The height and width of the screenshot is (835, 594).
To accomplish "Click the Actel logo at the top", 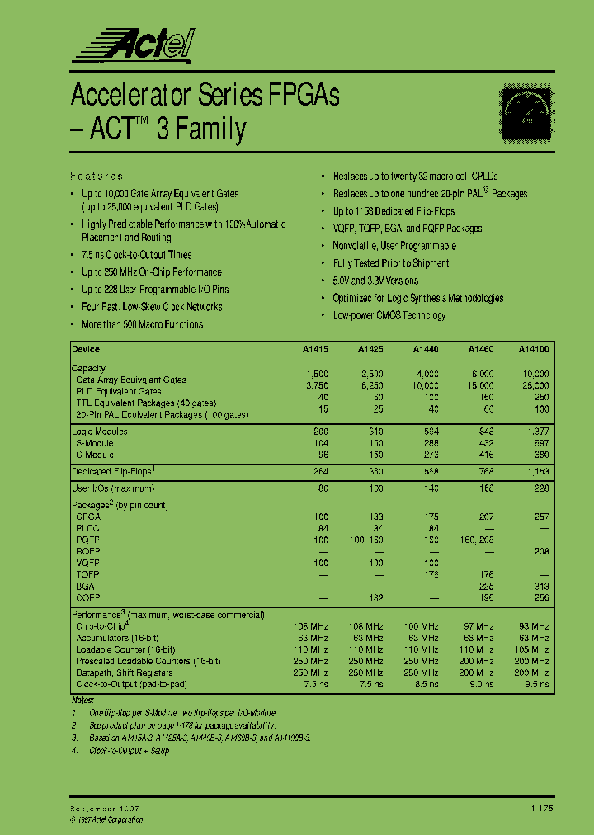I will pos(132,43).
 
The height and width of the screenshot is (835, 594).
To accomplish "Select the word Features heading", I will pos(97,176).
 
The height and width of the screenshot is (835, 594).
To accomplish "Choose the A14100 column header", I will pos(534,349).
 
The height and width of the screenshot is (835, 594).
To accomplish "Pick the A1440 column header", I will pos(426,349).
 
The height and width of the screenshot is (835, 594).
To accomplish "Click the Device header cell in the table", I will pos(86,349).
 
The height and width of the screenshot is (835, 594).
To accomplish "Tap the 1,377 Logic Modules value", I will pos(536,432).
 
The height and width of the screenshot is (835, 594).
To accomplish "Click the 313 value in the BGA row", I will pos(541,587).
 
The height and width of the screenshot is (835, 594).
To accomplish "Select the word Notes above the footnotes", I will pos(83,700).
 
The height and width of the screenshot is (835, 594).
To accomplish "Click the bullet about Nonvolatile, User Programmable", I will pos(394,246).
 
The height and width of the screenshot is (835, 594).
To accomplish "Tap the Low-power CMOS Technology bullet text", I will pos(389,315).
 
